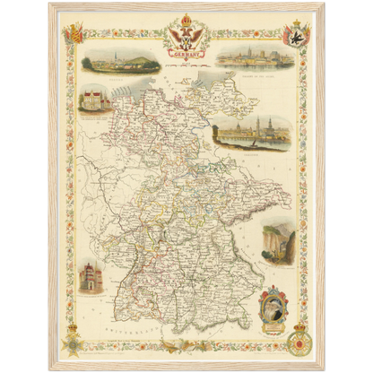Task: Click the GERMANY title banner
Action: point(187,55)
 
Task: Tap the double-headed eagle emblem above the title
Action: point(186,37)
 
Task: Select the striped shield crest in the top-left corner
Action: point(74,33)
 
